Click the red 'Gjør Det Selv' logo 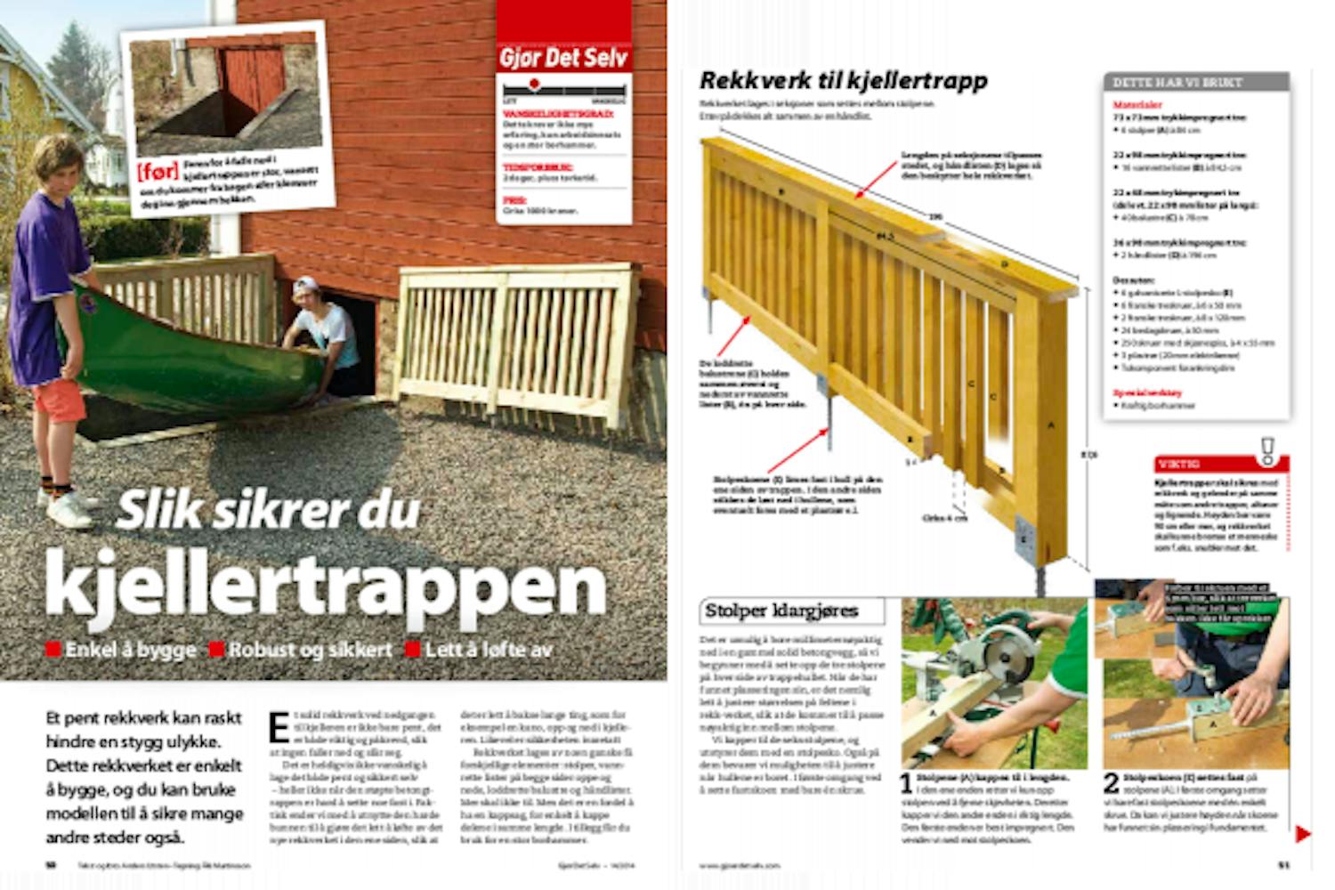563,59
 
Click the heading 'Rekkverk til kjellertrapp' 843,80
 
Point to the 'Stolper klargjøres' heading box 791,611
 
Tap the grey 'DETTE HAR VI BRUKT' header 1195,82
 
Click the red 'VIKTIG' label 1179,464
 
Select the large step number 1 906,784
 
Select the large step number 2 1111,783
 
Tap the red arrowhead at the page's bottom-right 1302,834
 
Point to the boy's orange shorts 59,400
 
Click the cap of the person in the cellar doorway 304,285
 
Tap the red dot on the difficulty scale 534,85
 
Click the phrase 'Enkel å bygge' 130,650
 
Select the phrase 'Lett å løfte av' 488,650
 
